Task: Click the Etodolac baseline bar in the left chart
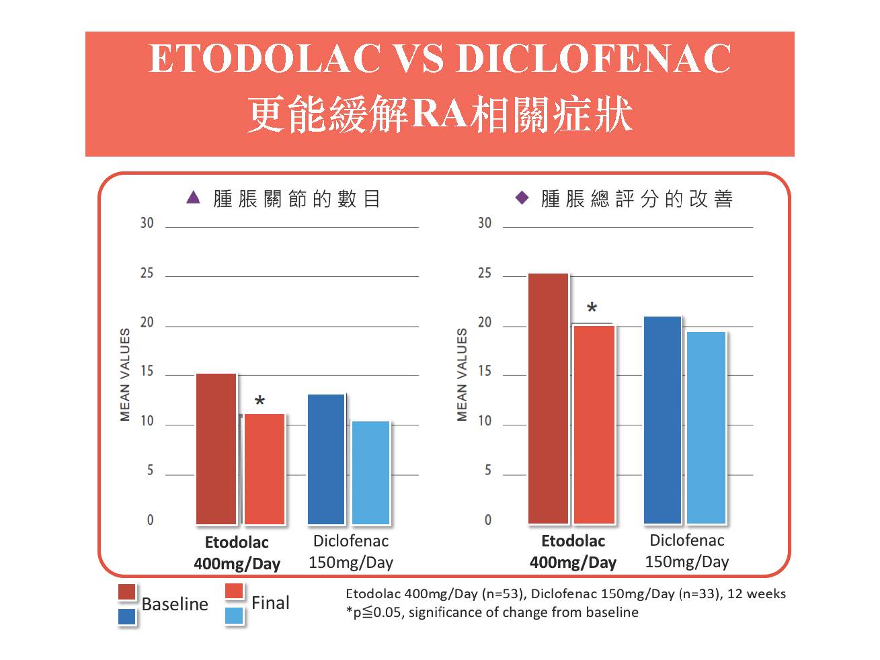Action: point(216,448)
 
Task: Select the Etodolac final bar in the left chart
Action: point(264,468)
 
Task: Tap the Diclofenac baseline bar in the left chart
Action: point(326,459)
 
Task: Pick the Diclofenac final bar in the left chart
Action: point(370,472)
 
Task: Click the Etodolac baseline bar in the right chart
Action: point(548,398)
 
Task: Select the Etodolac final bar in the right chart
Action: point(594,424)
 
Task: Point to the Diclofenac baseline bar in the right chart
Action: point(662,420)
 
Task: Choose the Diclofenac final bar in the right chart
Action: point(706,427)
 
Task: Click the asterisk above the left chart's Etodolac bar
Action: point(259,402)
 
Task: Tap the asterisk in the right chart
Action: point(592,308)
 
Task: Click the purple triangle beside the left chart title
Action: point(193,198)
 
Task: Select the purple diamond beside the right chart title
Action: point(522,198)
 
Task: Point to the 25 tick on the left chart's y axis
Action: point(147,274)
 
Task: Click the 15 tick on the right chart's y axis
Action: point(484,372)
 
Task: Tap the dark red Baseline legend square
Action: point(126,591)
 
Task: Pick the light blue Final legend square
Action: point(234,616)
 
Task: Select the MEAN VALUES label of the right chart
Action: point(462,374)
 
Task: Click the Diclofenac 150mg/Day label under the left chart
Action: point(350,552)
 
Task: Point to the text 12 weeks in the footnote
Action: point(756,593)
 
